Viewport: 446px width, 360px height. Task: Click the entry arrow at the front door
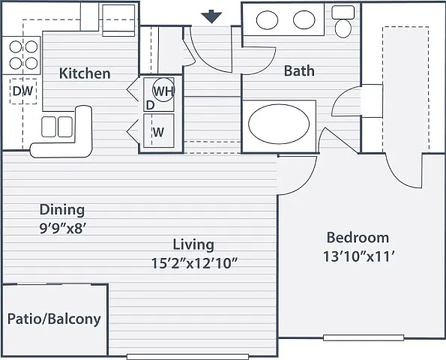211,16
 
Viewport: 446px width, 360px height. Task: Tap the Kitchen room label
85,73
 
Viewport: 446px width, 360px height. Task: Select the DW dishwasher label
23,91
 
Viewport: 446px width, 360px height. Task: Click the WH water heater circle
163,90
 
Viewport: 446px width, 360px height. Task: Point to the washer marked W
159,130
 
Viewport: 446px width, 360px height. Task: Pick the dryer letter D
150,105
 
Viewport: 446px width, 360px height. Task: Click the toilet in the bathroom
344,21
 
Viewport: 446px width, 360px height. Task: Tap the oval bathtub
279,124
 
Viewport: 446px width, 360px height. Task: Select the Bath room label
299,70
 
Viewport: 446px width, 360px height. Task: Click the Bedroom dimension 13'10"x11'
359,257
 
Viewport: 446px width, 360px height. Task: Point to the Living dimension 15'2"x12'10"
194,263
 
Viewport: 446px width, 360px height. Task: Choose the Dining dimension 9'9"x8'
63,228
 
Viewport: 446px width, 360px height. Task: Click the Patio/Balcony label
54,319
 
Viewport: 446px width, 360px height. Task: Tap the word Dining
62,210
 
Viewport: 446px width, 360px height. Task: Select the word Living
193,244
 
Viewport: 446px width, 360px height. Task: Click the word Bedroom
358,238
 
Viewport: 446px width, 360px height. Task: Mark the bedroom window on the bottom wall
364,337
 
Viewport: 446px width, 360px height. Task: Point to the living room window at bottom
187,356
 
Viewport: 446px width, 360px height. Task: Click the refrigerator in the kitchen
118,20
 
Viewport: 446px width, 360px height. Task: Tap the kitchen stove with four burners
21,55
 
